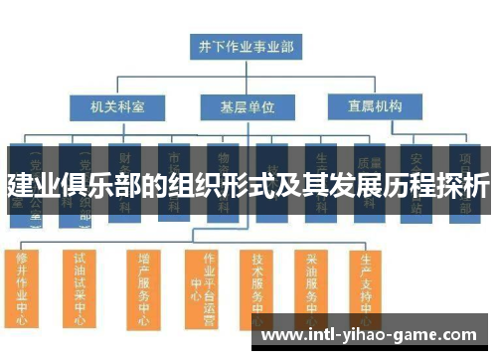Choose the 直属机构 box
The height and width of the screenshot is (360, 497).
coord(368,105)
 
